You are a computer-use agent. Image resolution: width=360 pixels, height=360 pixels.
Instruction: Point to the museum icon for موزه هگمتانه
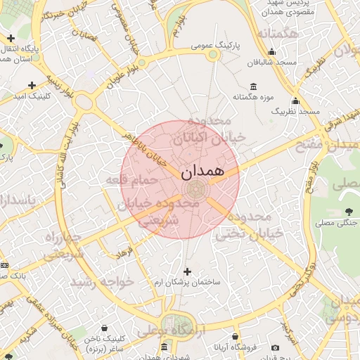coord(253,86)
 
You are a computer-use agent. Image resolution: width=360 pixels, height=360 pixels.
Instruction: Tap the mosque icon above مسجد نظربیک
coord(295,100)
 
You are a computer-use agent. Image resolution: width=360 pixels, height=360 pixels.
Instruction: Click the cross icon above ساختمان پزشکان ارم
coord(187,271)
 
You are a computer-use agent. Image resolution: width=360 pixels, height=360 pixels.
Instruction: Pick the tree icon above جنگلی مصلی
coord(349,211)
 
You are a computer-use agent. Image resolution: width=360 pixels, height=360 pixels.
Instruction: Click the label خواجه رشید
coord(101,282)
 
